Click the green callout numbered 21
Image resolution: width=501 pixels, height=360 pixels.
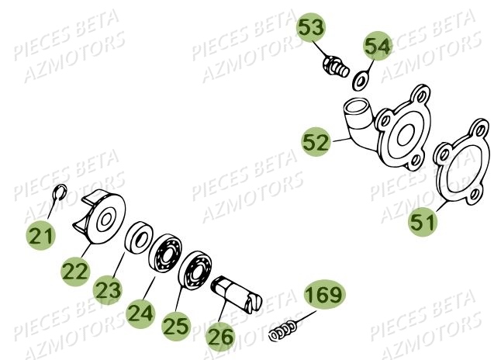43,234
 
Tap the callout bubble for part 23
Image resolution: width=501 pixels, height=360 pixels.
109,291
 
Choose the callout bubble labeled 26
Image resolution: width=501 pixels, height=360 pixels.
220,338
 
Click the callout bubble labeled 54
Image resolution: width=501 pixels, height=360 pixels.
378,47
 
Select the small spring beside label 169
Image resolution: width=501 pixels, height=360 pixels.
282,331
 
